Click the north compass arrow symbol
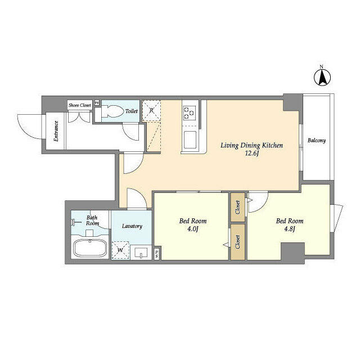click(322, 77)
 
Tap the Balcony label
click(317, 140)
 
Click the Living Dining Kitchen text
click(251, 145)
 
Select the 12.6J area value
click(252, 154)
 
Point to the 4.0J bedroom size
click(192, 229)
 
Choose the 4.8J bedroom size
click(289, 229)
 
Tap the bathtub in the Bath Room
click(90, 249)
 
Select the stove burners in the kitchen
click(189, 112)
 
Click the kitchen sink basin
click(190, 139)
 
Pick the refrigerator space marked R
click(151, 111)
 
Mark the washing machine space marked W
click(120, 250)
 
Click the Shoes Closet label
click(80, 105)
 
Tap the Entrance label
click(56, 131)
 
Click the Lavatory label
click(132, 226)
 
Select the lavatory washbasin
click(141, 253)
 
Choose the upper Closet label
click(237, 208)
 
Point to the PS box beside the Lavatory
click(157, 254)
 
